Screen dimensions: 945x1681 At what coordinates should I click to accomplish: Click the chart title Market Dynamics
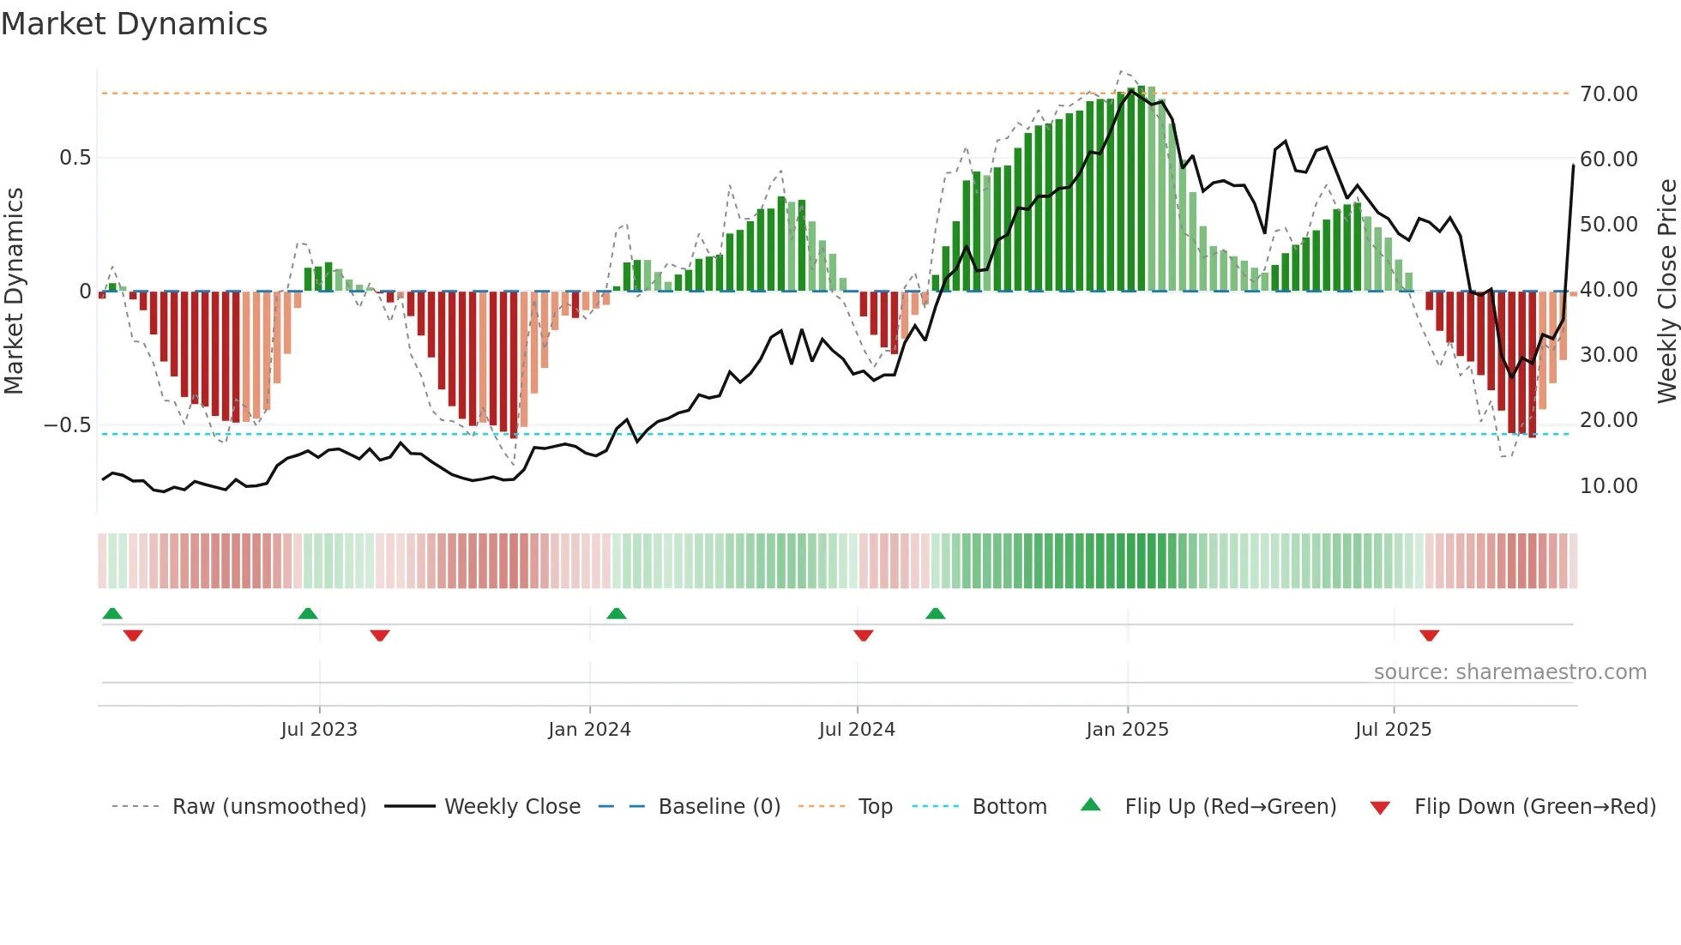click(x=135, y=24)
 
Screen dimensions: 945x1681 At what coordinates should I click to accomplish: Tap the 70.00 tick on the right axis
click(x=1608, y=93)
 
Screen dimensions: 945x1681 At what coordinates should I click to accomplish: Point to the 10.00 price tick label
click(x=1608, y=485)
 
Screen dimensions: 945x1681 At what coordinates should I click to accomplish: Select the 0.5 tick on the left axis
click(x=75, y=158)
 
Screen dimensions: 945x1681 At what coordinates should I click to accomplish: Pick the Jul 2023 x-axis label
click(x=319, y=730)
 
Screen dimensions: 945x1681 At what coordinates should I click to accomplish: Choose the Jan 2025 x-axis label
click(x=1127, y=730)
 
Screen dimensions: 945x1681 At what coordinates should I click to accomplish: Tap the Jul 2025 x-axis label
click(x=1393, y=730)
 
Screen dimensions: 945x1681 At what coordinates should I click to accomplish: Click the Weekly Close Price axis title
click(x=1666, y=291)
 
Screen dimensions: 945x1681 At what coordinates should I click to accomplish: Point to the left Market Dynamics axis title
click(x=14, y=291)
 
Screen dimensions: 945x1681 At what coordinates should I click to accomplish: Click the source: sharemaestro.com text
click(x=1509, y=672)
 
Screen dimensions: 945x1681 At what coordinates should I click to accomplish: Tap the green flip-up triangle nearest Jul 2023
click(x=308, y=613)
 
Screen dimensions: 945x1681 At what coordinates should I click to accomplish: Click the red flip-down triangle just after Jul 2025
click(x=1429, y=635)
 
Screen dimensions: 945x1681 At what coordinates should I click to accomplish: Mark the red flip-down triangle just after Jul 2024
click(x=864, y=635)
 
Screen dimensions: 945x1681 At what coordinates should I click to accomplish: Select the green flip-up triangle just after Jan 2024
click(x=617, y=613)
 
